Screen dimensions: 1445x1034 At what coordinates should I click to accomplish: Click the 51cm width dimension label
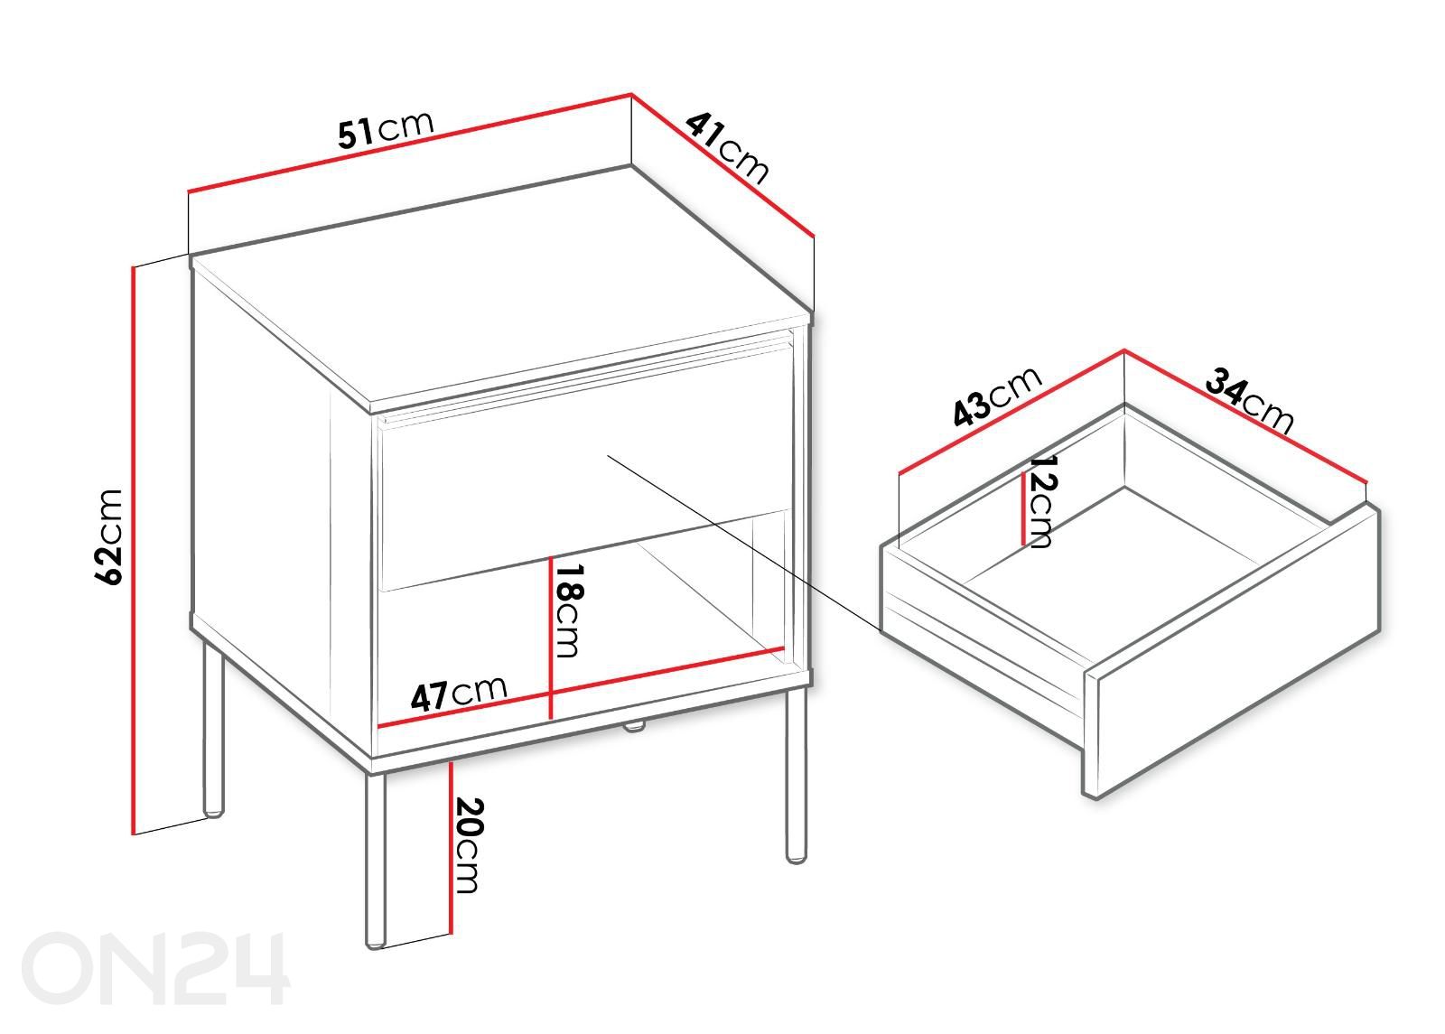click(386, 129)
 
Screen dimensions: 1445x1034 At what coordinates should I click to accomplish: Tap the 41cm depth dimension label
click(727, 148)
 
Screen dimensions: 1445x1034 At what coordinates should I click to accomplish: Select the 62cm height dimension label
click(108, 537)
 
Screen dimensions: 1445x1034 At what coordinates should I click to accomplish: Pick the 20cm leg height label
click(468, 845)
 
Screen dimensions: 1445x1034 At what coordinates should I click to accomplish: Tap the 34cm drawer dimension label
click(1250, 399)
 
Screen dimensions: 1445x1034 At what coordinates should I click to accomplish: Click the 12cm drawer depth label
click(1040, 501)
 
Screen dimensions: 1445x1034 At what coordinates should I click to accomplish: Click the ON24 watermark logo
click(155, 968)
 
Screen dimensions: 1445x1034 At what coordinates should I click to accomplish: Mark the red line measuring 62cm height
click(134, 550)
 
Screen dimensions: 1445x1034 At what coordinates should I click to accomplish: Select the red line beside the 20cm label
click(451, 848)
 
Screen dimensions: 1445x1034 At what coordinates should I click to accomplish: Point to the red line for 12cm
click(1023, 508)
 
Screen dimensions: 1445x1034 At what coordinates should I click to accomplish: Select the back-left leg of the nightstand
click(213, 729)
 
